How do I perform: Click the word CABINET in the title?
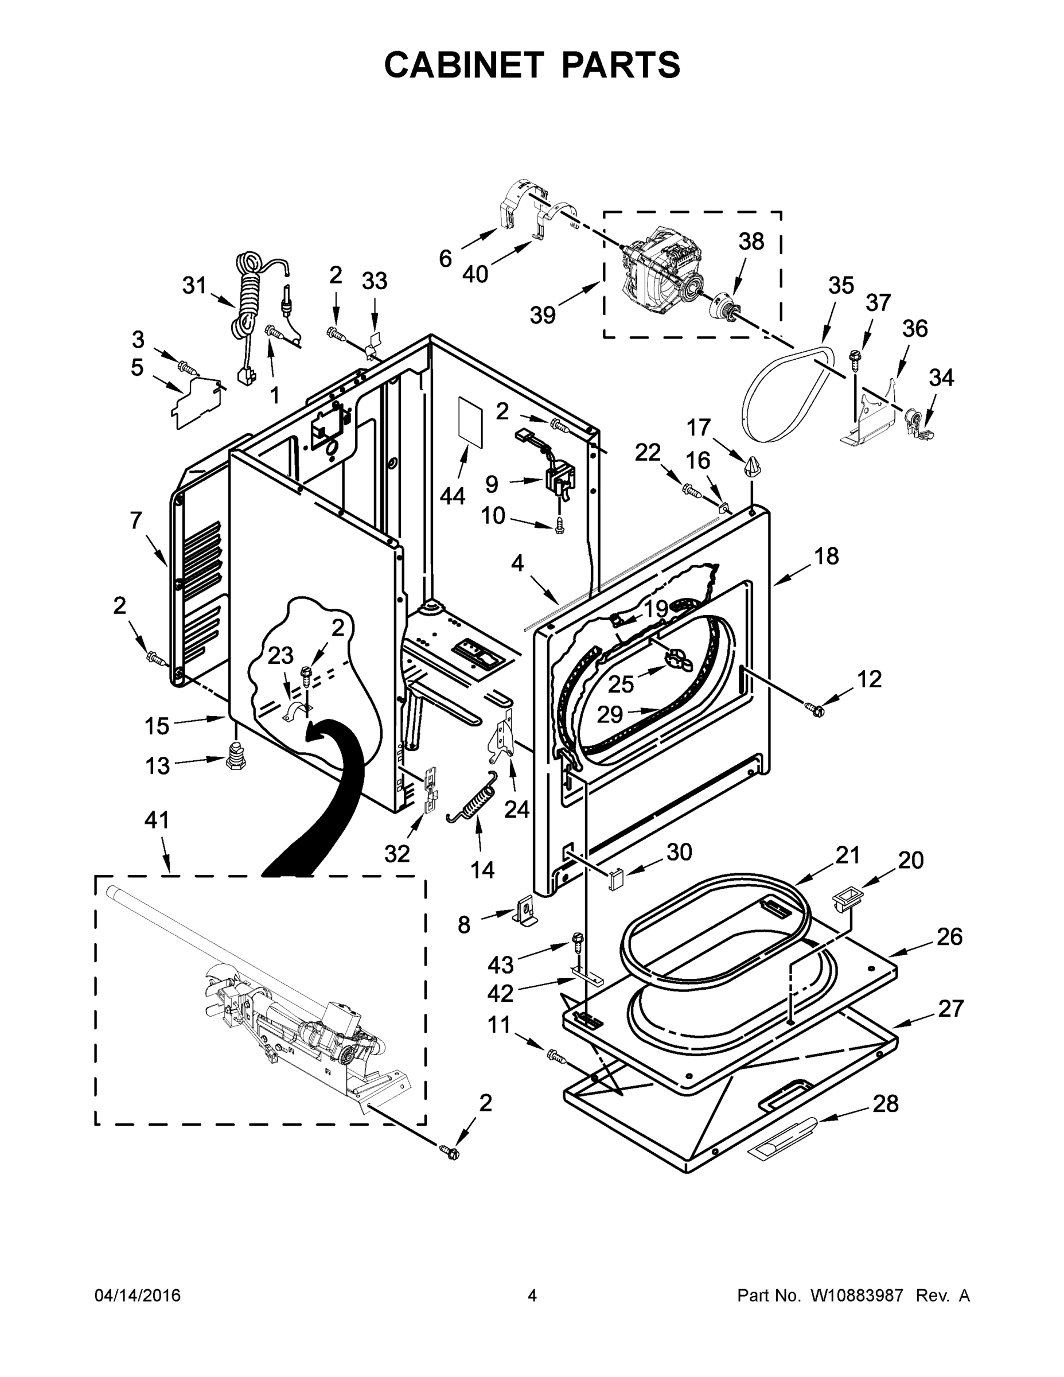463,64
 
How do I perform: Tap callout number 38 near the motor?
751,242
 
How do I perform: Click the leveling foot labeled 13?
236,753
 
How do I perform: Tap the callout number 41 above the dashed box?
157,820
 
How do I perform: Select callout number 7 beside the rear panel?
135,520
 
